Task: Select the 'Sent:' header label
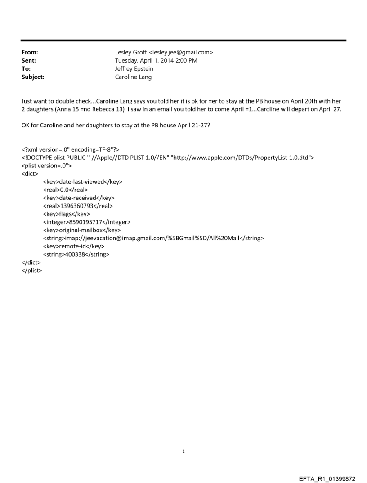click(x=29, y=60)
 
